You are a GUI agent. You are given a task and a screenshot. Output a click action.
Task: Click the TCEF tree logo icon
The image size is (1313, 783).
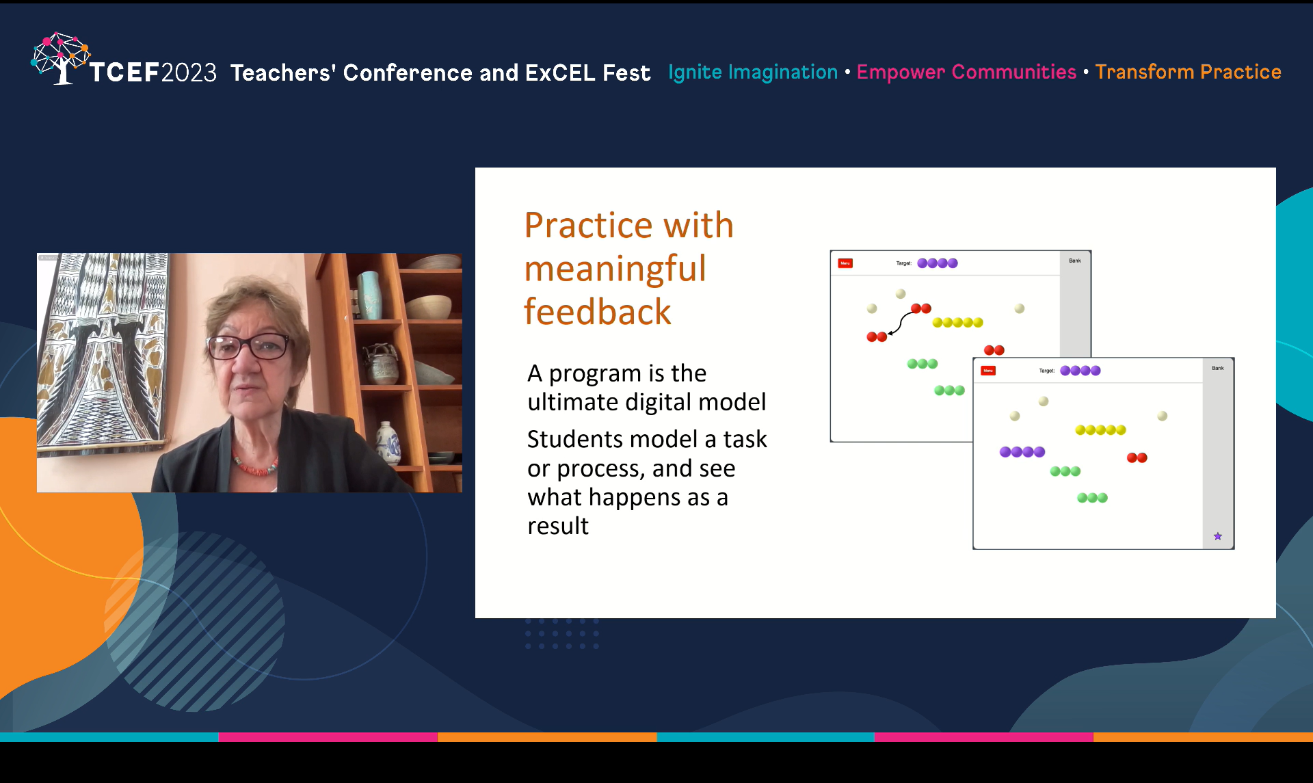pos(59,57)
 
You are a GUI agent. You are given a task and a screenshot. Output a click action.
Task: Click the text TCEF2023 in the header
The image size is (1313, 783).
pos(152,72)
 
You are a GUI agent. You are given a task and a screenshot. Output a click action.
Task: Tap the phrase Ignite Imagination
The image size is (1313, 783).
pos(752,72)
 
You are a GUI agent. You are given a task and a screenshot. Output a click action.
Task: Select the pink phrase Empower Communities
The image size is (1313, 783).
pos(966,72)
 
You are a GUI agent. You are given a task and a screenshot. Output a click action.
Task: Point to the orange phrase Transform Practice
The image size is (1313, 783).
pos(1187,72)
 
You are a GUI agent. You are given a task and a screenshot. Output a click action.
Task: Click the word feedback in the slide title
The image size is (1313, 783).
pos(597,312)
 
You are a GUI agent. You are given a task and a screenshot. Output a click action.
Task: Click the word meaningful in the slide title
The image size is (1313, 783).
pos(615,268)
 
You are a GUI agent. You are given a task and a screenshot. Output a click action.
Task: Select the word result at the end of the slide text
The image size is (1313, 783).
pos(557,526)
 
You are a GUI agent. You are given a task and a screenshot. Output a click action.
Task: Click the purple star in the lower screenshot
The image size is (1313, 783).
pos(1217,536)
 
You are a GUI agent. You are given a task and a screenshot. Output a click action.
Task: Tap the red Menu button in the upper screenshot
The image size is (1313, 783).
pos(845,263)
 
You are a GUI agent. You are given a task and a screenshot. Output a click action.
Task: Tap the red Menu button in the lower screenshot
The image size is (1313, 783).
pos(987,371)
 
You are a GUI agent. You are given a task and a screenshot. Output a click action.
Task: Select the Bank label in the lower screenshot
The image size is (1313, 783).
pos(1217,368)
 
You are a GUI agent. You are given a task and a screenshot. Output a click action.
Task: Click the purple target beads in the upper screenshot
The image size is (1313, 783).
pos(937,263)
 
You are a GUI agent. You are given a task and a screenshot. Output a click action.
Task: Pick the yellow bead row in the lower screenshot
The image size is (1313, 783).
pos(1100,430)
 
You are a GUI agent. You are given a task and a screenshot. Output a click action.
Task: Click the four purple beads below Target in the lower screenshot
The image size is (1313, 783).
pos(1022,452)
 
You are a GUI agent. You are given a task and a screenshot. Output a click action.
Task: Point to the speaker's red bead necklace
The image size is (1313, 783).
pos(254,468)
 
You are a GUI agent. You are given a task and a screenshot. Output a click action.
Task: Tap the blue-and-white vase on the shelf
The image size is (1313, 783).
pos(388,442)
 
